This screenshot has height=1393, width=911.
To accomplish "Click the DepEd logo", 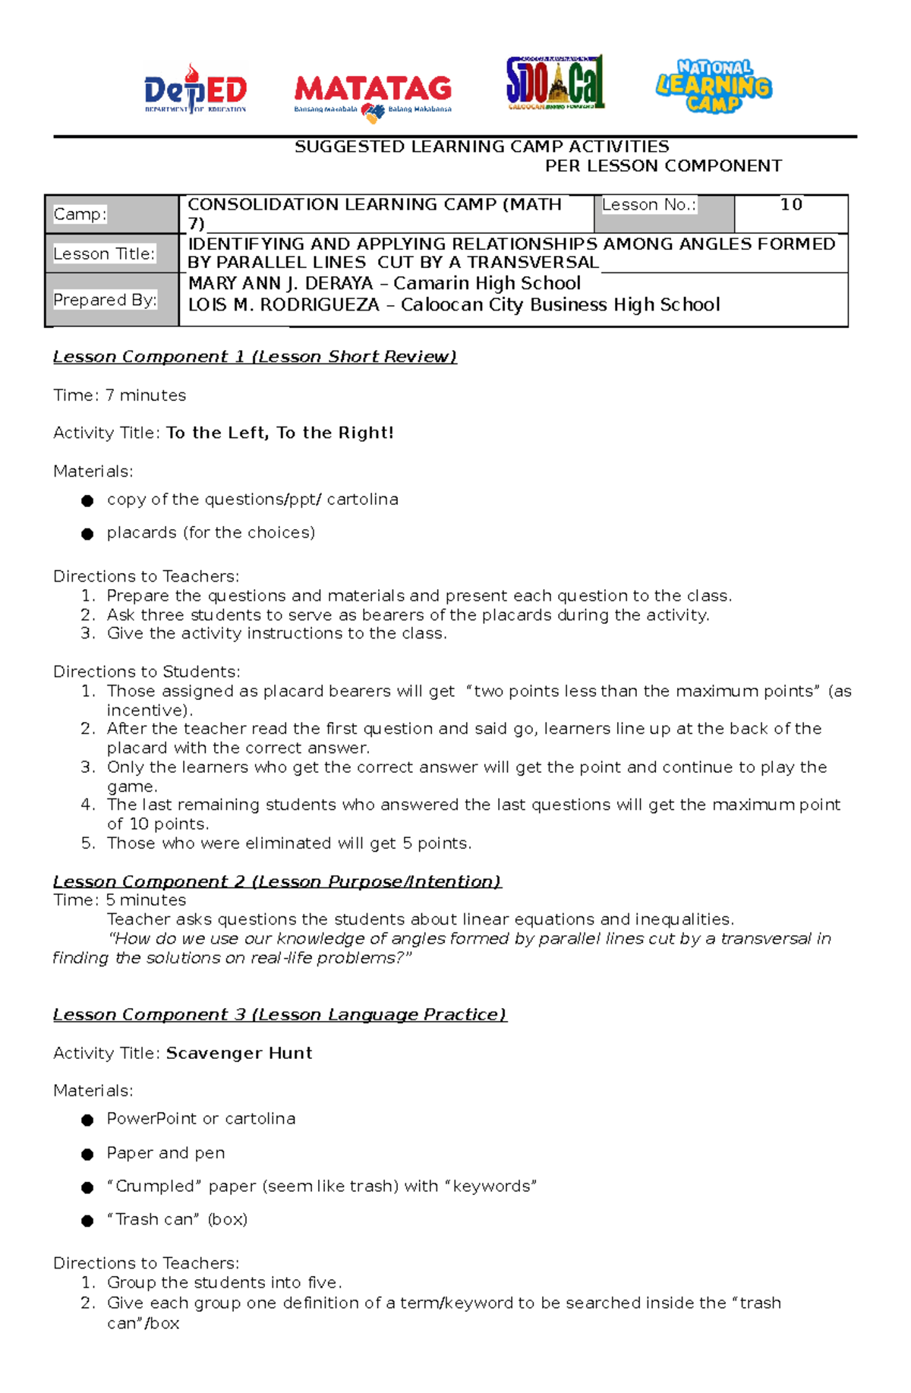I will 196,89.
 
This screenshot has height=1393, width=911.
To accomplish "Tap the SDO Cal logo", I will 555,83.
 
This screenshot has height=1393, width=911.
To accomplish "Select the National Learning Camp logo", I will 714,87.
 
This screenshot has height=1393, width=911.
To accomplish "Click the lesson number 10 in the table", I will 791,204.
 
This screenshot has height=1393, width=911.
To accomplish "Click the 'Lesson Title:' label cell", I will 104,254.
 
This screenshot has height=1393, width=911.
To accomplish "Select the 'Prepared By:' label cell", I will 105,300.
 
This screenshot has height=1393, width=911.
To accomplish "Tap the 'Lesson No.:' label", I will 649,205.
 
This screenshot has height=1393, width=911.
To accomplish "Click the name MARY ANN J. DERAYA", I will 280,283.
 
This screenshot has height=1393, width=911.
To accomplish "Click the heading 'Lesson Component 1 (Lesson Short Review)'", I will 255,357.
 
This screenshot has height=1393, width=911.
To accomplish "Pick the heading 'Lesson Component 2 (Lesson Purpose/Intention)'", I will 277,881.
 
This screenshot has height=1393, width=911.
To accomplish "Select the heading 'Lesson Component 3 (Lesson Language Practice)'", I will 279,1015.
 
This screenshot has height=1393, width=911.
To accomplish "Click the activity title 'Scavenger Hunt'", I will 239,1053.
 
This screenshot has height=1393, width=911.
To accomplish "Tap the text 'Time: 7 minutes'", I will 120,396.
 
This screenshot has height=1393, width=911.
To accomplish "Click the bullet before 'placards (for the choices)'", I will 87,534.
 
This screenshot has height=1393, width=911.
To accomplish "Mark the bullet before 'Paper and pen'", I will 87,1155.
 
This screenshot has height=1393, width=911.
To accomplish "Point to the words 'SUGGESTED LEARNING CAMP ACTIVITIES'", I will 482,147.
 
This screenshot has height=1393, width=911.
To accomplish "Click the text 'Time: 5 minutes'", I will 120,900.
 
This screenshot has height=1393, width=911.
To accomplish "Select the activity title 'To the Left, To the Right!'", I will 279,433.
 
